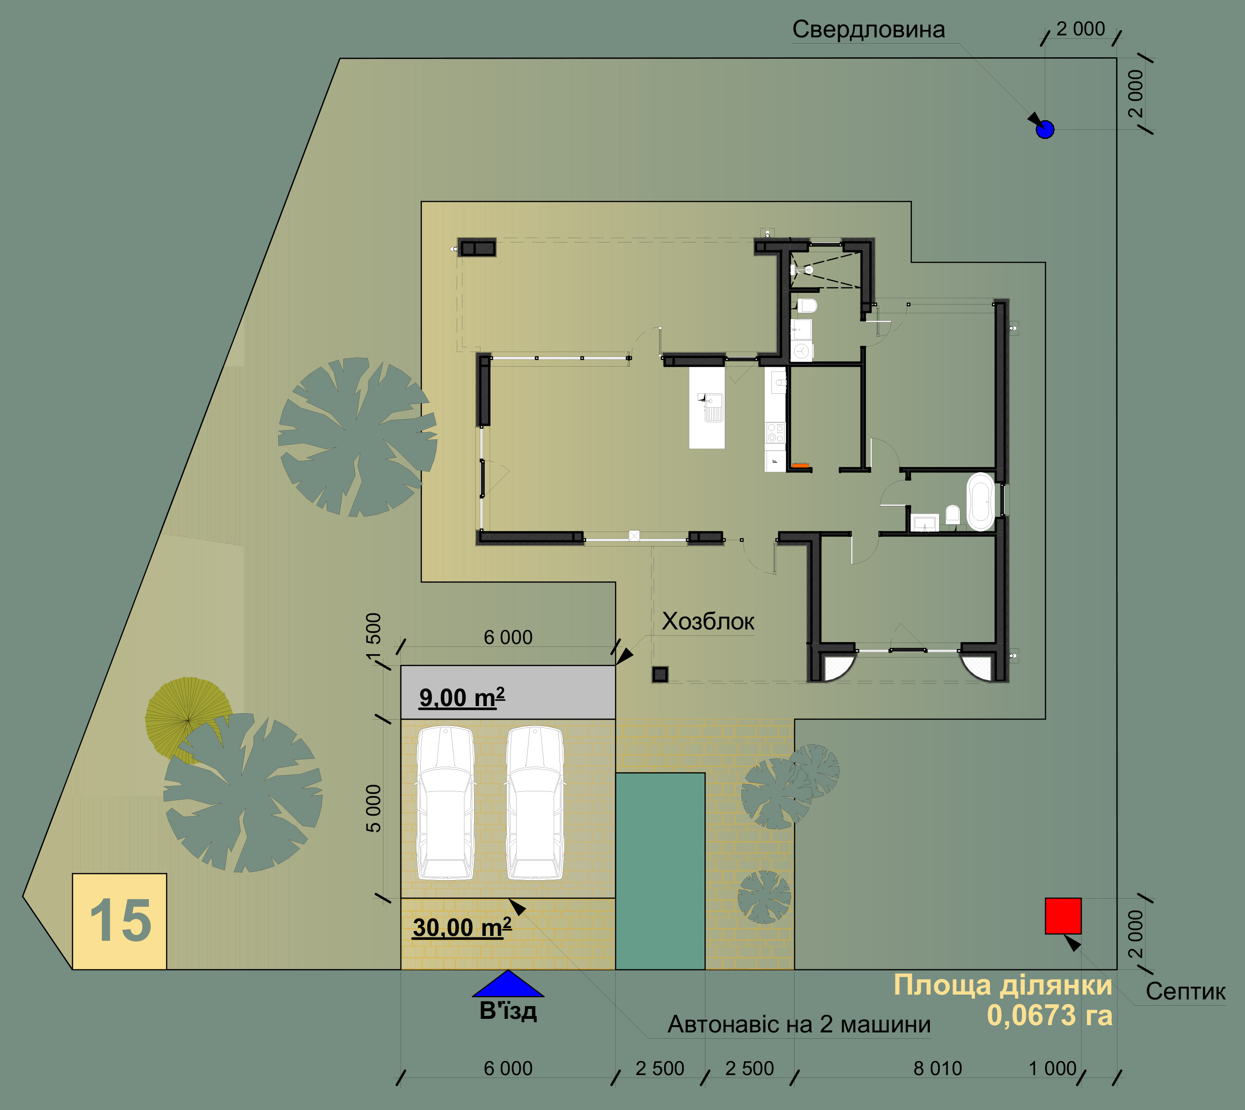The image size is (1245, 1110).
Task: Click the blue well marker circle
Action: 1045,129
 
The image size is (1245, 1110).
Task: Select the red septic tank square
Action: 1063,916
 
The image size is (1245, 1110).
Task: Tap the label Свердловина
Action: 868,29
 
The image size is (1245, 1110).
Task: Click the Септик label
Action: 1185,991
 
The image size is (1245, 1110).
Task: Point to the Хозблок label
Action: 708,622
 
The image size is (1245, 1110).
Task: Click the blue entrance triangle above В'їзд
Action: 508,983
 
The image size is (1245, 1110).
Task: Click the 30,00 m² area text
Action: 462,927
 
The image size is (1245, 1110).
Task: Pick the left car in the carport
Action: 446,803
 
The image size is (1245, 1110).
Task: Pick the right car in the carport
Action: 535,803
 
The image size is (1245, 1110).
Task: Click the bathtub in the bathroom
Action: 980,501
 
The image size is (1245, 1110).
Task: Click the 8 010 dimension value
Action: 938,1068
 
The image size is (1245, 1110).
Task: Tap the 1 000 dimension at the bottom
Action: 1053,1068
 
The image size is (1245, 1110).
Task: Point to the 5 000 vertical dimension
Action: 373,809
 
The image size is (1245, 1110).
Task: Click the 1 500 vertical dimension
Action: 373,637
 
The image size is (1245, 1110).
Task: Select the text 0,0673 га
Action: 1050,1015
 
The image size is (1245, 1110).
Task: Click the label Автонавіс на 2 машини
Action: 798,1024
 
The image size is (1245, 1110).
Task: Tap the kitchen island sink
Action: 713,407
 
